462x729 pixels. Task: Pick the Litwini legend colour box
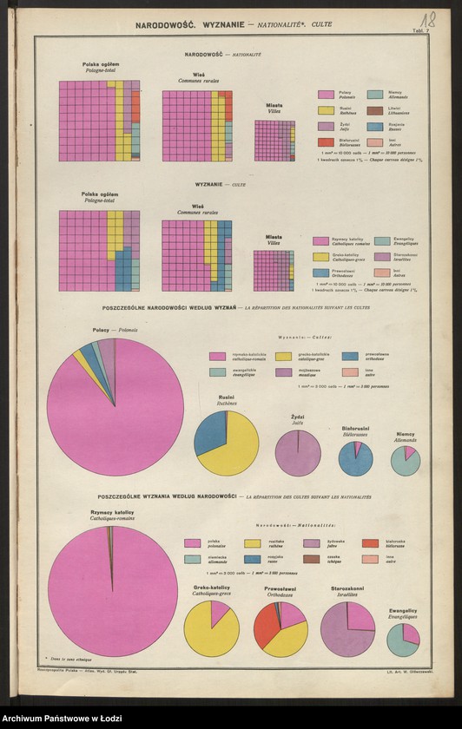[375, 110]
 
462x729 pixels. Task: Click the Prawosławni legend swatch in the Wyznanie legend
[321, 273]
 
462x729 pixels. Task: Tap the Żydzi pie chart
[298, 452]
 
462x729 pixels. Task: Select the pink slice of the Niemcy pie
[409, 453]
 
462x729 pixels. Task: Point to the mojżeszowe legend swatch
[283, 371]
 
